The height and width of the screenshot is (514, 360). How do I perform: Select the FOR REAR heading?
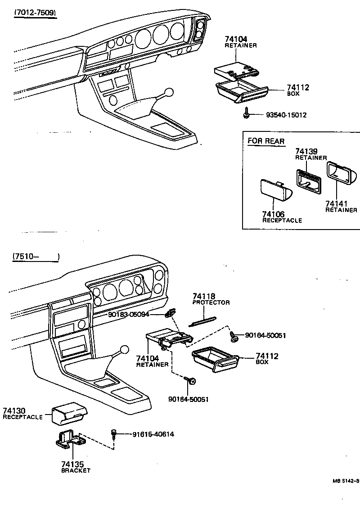point(266,141)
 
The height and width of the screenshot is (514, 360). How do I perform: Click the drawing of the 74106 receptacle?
point(275,191)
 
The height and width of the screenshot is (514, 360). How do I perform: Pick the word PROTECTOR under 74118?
point(211,302)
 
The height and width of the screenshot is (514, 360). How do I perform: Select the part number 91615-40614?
point(153,434)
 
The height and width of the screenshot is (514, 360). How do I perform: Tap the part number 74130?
point(14,410)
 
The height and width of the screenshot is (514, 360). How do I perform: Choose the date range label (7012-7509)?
point(35,13)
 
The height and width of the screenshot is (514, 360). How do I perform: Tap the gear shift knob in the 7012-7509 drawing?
point(169,93)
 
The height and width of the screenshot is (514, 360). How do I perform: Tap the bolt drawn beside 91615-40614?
point(114,434)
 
